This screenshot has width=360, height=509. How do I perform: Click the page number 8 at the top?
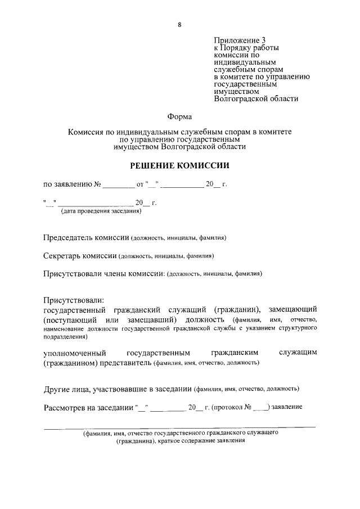(179, 24)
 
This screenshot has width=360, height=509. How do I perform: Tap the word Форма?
(179, 117)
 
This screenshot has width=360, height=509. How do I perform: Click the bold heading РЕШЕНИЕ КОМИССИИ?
(179, 166)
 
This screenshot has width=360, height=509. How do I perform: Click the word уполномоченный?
(75, 353)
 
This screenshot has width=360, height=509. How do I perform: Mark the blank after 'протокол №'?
(260, 407)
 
